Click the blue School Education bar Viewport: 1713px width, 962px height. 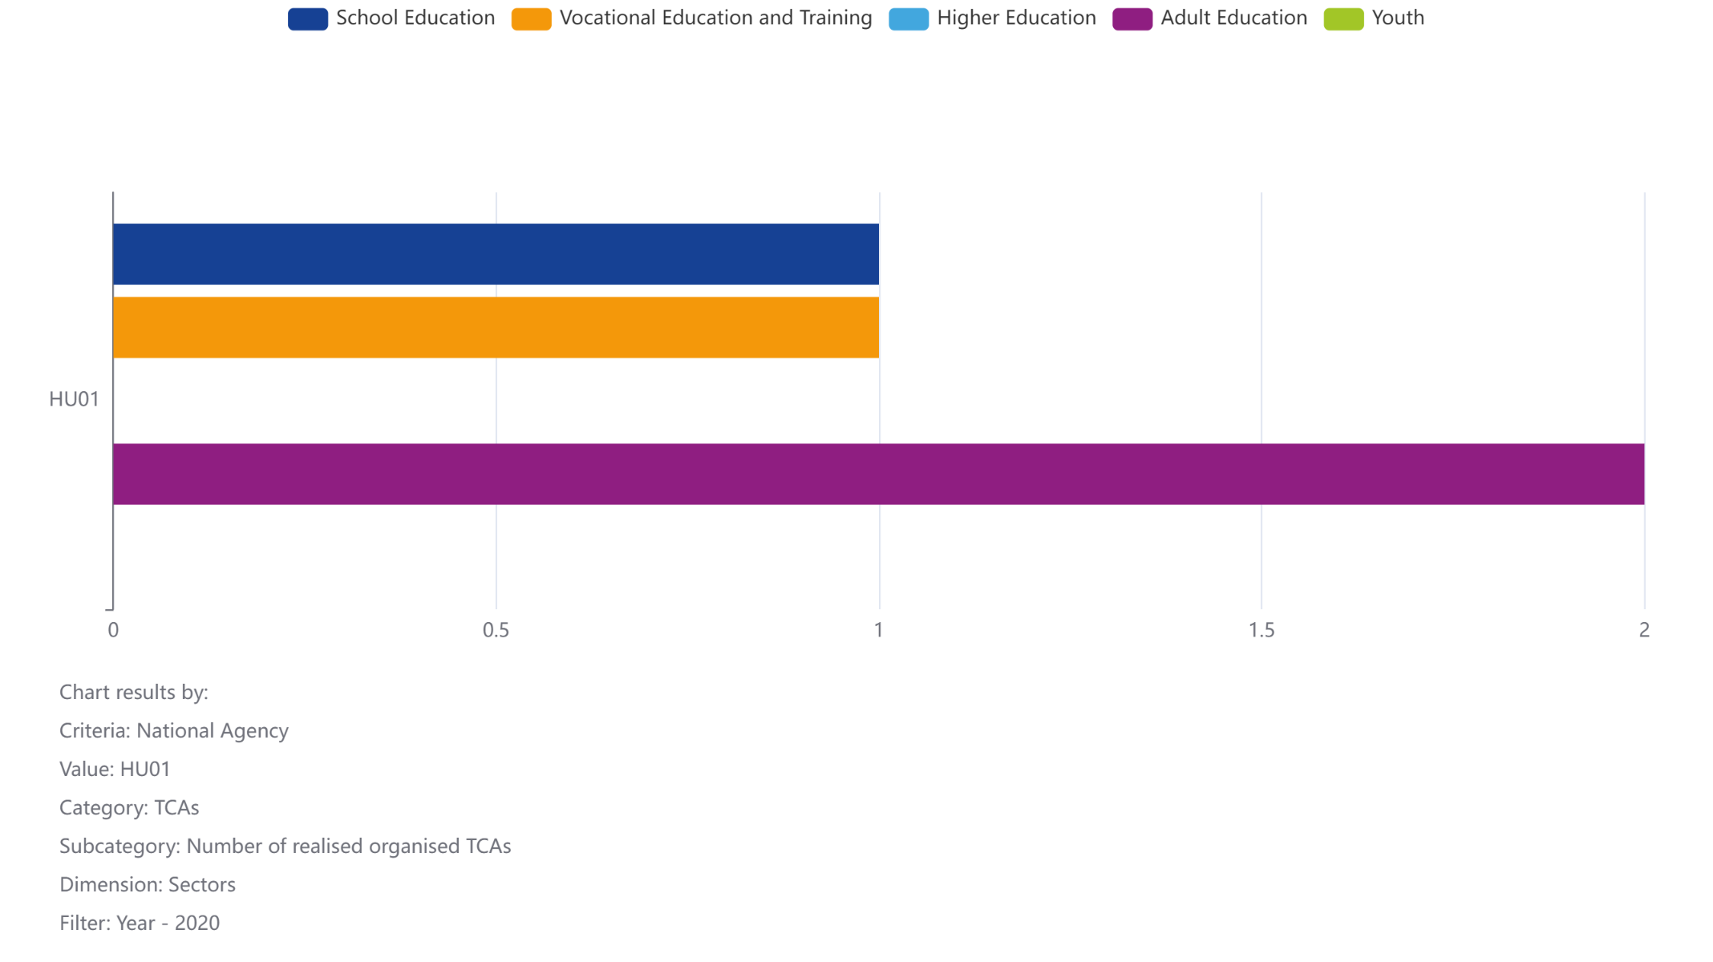(496, 254)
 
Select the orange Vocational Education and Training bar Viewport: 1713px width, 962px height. (496, 327)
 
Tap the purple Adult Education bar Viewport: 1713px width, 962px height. (878, 474)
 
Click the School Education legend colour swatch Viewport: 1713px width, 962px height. (308, 18)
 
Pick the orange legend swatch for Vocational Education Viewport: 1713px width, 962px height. (531, 18)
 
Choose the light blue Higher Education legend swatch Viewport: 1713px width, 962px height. (909, 18)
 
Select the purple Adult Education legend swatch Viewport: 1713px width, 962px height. (1132, 18)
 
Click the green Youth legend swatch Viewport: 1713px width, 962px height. (1343, 18)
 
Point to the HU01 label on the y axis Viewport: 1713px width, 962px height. (74, 399)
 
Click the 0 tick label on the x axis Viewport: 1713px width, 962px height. (113, 630)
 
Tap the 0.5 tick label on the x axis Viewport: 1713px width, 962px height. (496, 630)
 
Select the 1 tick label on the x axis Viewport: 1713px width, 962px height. (878, 630)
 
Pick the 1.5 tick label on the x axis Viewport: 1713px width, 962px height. (1261, 630)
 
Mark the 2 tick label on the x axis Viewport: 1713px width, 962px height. (1644, 630)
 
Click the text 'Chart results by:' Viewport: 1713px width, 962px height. (134, 692)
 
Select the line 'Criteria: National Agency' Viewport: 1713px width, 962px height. (174, 730)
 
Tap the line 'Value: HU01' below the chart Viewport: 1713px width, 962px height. (115, 769)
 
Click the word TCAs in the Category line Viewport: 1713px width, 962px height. (176, 807)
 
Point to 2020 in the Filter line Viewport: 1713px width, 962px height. (197, 923)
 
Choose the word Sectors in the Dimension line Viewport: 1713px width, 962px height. (202, 884)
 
